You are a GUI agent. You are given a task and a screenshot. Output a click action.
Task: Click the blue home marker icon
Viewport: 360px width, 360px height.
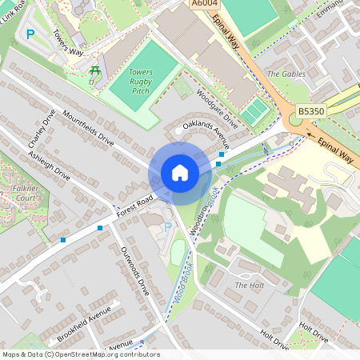(180, 172)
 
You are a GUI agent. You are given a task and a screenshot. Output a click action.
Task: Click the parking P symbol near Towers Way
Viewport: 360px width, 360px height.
(30, 34)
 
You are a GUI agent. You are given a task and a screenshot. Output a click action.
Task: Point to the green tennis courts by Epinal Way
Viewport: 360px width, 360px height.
(254, 112)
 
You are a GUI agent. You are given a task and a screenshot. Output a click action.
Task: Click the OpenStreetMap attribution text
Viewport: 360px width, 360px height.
(80, 354)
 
